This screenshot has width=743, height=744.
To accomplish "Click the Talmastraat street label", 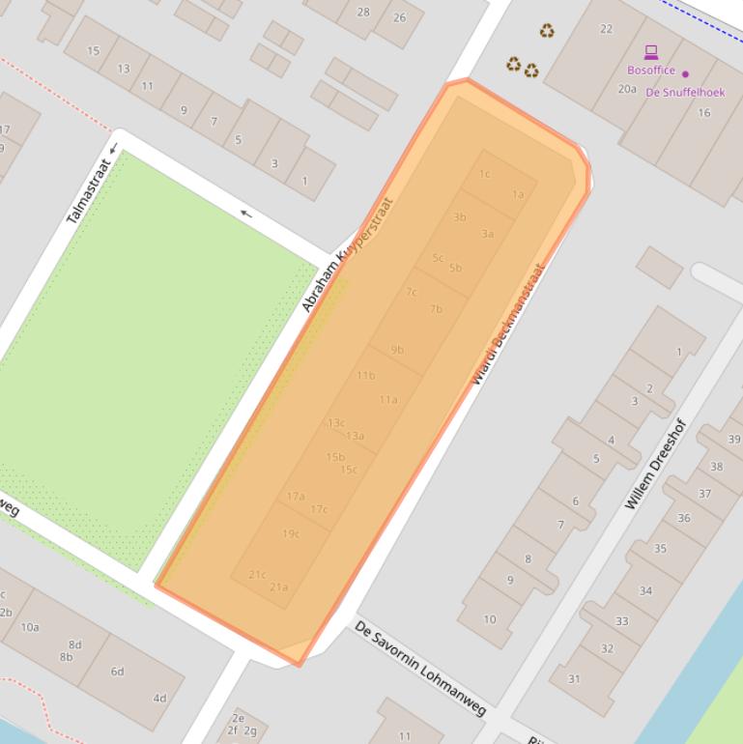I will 89,191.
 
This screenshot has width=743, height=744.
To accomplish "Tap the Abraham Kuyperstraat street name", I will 348,256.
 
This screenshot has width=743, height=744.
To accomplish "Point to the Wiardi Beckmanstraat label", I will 508,325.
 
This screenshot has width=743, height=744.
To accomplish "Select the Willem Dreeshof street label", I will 654,464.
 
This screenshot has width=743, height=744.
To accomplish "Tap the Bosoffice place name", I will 651,71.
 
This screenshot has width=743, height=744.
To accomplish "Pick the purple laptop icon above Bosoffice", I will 651,52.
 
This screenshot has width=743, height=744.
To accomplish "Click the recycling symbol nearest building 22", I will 547,31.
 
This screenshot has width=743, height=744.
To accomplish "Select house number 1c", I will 484,174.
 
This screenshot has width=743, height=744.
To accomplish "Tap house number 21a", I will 279,587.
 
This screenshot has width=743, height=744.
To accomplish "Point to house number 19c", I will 291,533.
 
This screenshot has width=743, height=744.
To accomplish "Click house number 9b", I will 397,350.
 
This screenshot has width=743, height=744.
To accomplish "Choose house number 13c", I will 335,422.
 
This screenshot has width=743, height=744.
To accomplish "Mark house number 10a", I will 30,627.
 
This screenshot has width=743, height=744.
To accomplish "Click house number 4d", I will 159,698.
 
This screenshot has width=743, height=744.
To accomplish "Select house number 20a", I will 627,89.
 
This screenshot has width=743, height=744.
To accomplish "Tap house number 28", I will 363,13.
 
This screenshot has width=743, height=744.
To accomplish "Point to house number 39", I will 734,440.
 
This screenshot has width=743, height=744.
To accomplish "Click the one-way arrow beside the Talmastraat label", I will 113,149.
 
